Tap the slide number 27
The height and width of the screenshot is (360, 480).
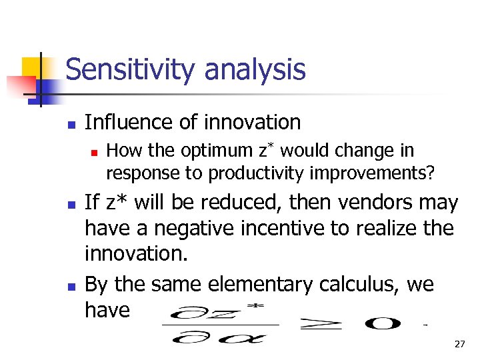pyautogui.click(x=459, y=344)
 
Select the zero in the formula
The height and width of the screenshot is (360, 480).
pyautogui.click(x=382, y=324)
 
